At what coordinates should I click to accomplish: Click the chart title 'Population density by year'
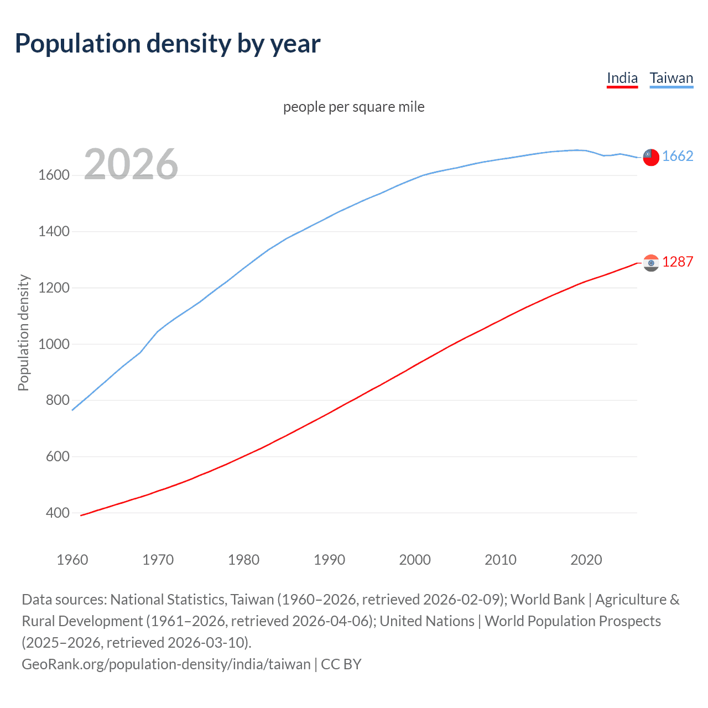tap(168, 44)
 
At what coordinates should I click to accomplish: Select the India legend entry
tap(622, 78)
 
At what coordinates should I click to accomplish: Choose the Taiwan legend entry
tap(671, 78)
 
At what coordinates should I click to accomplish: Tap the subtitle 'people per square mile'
tap(353, 107)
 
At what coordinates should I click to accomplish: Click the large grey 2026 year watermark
tap(131, 164)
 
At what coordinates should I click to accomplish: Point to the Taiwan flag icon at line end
tap(651, 157)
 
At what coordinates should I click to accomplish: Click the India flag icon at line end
tap(651, 263)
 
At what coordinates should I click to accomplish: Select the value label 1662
tap(678, 157)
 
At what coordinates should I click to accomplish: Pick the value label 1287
tap(678, 262)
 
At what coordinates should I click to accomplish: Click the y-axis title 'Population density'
tap(23, 333)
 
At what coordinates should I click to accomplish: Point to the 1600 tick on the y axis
tap(54, 175)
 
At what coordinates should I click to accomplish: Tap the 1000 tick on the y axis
tap(54, 344)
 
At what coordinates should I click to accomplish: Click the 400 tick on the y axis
tap(58, 513)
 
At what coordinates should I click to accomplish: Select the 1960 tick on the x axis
tap(72, 560)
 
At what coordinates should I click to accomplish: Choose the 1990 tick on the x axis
tap(329, 560)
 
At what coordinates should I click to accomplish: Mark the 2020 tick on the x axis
tap(586, 560)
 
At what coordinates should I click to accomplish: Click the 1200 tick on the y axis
tap(54, 288)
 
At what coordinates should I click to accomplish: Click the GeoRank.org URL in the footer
tap(166, 664)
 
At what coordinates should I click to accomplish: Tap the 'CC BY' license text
tap(341, 664)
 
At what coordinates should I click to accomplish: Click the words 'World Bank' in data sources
tap(548, 600)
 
